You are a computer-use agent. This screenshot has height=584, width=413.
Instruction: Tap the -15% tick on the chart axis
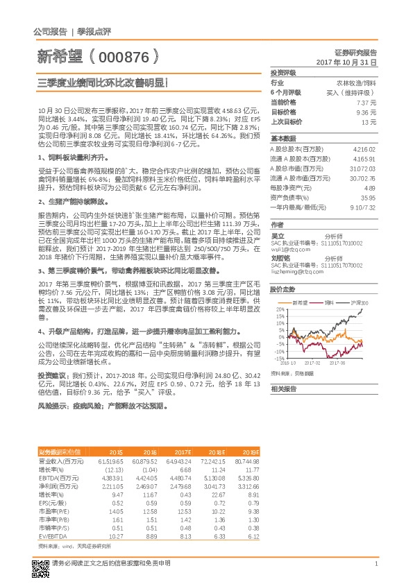(278, 359)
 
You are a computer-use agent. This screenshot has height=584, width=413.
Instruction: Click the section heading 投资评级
(283, 72)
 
